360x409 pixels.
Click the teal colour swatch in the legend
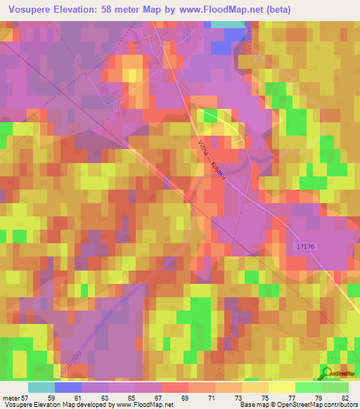[x=41, y=387]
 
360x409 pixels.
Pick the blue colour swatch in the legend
[x=68, y=387]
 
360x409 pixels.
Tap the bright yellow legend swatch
[x=281, y=387]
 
